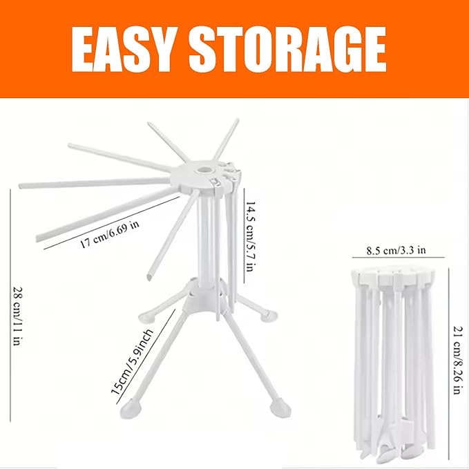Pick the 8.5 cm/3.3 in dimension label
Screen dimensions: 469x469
point(396,251)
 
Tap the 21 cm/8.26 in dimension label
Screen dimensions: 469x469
point(457,350)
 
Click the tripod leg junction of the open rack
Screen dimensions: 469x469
point(201,297)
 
